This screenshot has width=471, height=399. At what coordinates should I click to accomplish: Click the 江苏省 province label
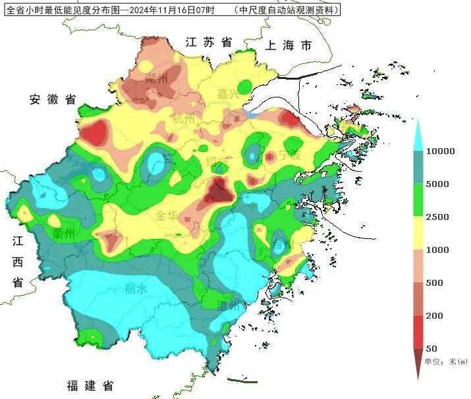pyautogui.click(x=209, y=42)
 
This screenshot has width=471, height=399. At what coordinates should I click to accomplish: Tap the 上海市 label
pyautogui.click(x=288, y=46)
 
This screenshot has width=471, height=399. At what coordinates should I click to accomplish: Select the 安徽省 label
pyautogui.click(x=53, y=99)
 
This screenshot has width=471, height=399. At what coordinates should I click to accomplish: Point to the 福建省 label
pyautogui.click(x=90, y=386)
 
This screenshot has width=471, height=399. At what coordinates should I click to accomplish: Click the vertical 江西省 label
pyautogui.click(x=18, y=261)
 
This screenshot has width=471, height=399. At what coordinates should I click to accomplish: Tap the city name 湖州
pyautogui.click(x=157, y=80)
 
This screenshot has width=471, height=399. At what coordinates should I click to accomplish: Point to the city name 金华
pyautogui.click(x=168, y=215)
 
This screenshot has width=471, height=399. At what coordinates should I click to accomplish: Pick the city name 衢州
pyautogui.click(x=64, y=234)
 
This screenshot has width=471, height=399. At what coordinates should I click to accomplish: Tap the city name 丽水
pyautogui.click(x=136, y=288)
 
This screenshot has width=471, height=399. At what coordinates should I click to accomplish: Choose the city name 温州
pyautogui.click(x=230, y=305)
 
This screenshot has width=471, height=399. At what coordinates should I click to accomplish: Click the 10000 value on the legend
pyautogui.click(x=441, y=151)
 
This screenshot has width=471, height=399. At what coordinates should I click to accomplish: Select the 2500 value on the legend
pyautogui.click(x=437, y=217)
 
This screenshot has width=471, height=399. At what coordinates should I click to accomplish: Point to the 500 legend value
pyautogui.click(x=435, y=283)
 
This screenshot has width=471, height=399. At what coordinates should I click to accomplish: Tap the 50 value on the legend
pyautogui.click(x=432, y=348)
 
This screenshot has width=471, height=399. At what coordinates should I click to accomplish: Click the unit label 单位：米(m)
pyautogui.click(x=445, y=361)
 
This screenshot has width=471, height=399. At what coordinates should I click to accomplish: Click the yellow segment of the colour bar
pyautogui.click(x=418, y=233)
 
